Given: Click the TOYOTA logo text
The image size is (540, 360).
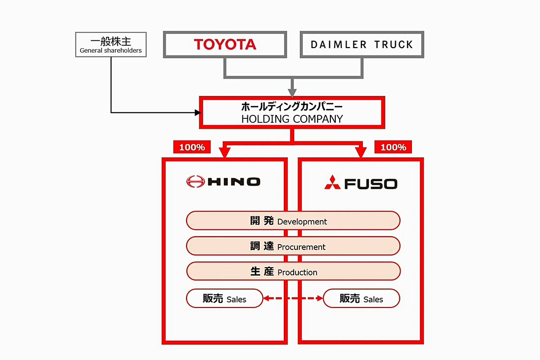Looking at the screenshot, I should [225, 45].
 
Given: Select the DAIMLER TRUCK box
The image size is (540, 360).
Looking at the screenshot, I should [362, 45].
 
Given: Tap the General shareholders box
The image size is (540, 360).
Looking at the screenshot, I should [110, 45].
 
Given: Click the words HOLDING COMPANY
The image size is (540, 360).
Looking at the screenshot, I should [292, 119].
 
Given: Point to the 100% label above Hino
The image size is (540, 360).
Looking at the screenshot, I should [192, 147].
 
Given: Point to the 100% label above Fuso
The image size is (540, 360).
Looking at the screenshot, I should [393, 147].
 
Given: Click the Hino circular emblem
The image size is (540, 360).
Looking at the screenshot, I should [195, 182].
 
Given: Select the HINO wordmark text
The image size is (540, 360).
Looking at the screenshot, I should [234, 182].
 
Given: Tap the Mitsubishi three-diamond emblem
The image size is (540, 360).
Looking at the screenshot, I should [332, 183].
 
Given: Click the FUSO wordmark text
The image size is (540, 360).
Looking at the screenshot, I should [371, 184].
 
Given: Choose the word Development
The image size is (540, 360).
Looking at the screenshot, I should [302, 222].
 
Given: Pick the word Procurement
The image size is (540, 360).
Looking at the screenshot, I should [301, 247].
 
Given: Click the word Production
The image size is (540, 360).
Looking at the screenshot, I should [297, 273].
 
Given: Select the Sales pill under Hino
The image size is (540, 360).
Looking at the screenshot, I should [224, 299].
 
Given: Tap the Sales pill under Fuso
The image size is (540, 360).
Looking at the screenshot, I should [361, 299].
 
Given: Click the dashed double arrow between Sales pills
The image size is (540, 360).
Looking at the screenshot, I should [293, 298].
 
